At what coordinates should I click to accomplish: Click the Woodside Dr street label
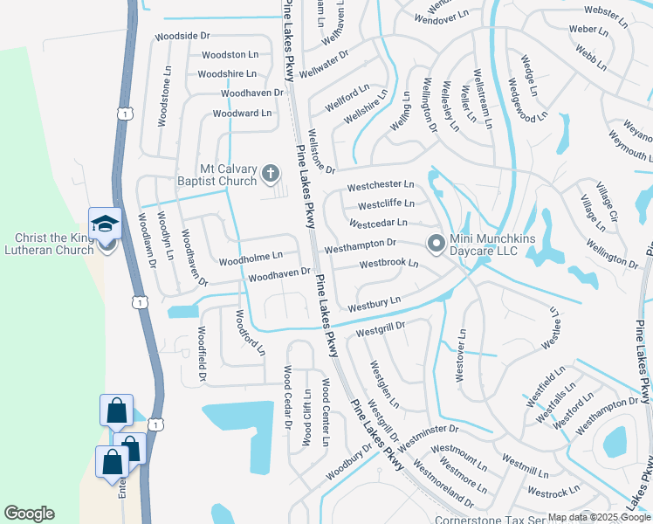point(182,36)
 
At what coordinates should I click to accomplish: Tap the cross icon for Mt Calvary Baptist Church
point(271,175)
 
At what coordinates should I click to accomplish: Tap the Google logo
point(29,514)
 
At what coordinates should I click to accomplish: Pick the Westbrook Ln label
point(388,263)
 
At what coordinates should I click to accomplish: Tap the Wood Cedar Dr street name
point(285,396)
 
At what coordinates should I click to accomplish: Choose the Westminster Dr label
point(428,429)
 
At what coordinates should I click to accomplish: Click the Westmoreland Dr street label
point(443,485)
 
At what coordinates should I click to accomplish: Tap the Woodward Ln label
point(242,114)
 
